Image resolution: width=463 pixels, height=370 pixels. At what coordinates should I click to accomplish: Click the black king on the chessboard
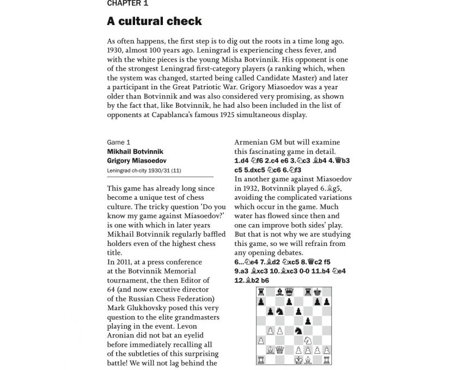point(317,292)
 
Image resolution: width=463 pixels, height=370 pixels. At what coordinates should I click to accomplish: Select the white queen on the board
point(280,350)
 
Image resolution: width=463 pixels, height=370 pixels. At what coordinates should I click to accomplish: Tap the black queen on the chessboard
point(289,292)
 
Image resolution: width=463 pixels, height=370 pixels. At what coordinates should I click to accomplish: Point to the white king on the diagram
point(298,360)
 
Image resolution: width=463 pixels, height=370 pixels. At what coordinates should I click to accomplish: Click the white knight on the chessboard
point(308,341)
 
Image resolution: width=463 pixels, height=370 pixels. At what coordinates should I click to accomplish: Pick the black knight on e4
point(298,331)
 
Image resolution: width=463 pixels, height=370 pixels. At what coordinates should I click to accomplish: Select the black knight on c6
point(280,312)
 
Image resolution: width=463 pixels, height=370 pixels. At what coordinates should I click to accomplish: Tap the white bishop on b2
point(271,350)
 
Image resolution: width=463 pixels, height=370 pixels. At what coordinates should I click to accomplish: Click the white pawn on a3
point(261,341)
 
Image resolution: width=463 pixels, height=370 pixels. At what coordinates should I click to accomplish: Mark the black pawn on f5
point(308,321)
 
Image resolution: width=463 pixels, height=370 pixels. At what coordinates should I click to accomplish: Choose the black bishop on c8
point(280,292)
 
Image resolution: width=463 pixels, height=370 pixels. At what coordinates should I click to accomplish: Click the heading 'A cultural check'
point(154,21)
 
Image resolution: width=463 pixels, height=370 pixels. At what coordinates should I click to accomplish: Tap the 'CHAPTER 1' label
point(127,3)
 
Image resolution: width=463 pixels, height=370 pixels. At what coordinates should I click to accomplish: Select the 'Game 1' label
point(119,142)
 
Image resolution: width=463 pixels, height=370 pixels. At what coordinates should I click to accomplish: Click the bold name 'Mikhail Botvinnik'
point(135,151)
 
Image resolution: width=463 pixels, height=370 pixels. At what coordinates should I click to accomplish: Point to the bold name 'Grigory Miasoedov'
point(137,161)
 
